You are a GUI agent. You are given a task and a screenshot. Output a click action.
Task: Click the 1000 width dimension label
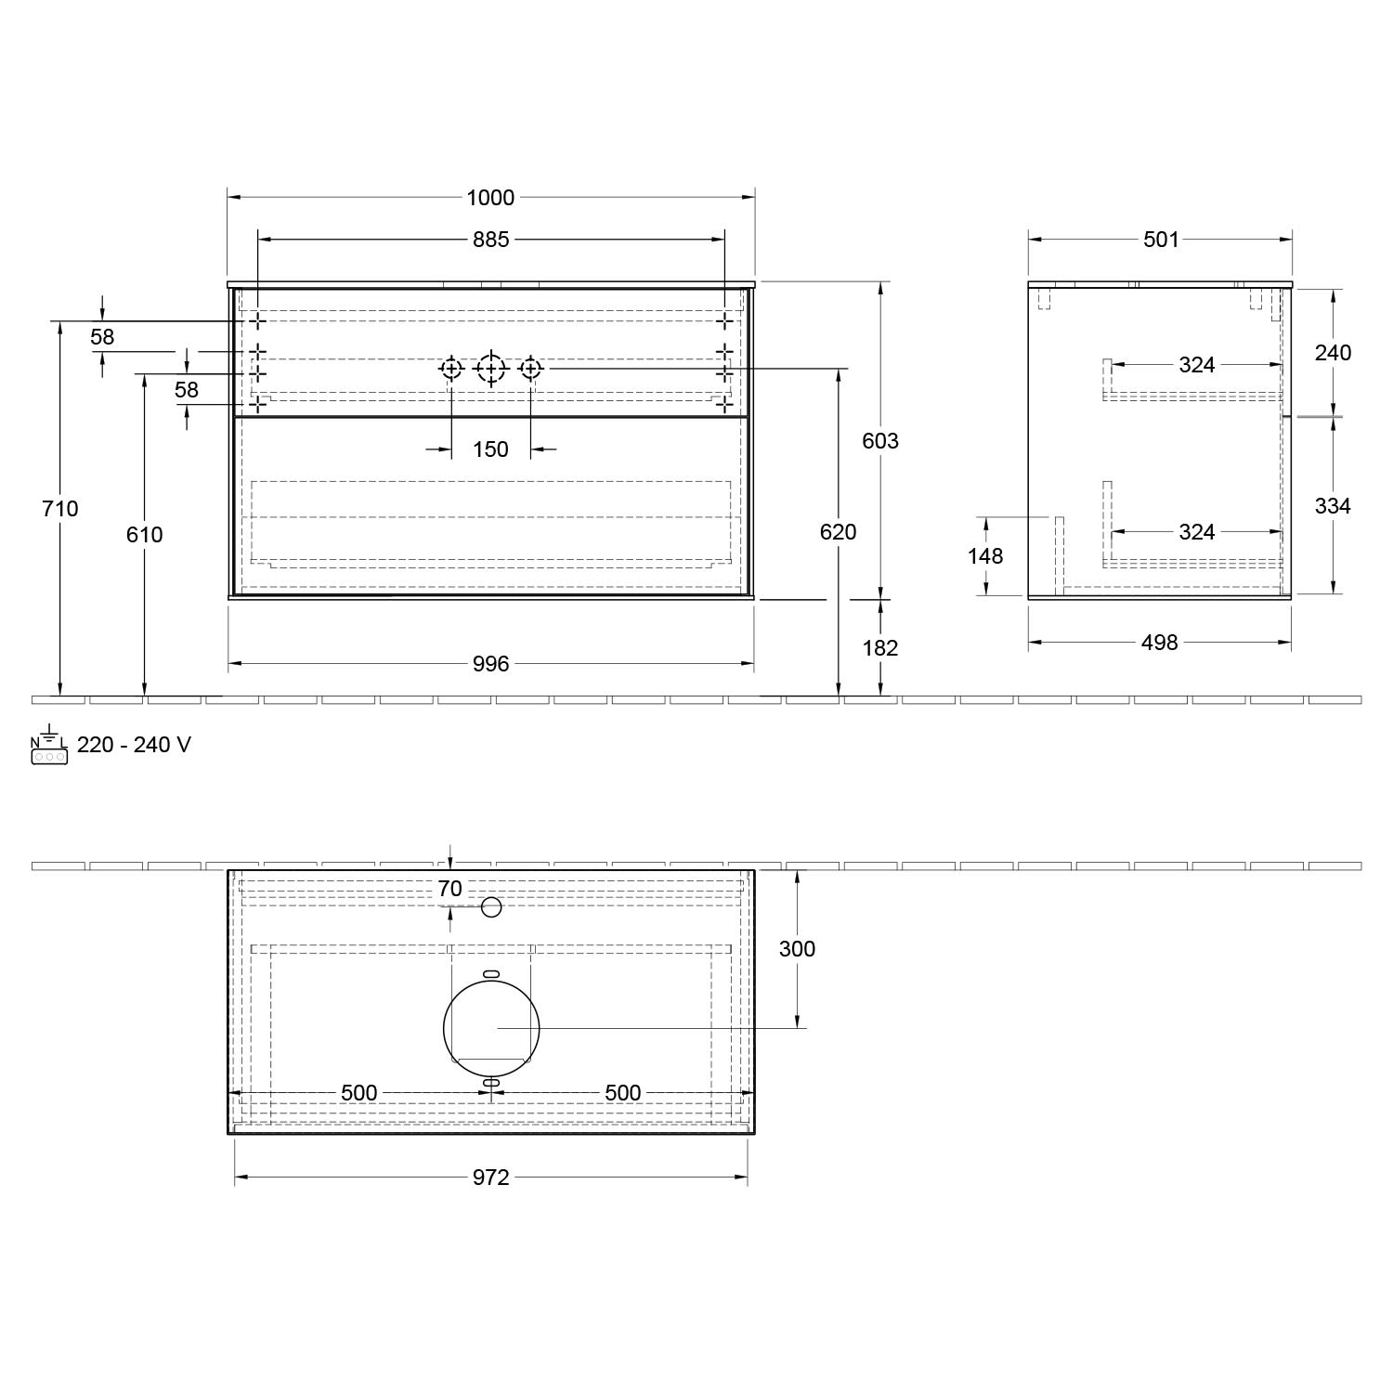490,197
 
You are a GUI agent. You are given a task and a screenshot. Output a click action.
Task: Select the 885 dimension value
490,240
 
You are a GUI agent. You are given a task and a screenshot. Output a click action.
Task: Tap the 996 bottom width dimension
490,663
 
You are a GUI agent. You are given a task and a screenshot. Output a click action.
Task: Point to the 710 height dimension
60,508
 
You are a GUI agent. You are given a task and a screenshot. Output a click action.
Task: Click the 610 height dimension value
144,534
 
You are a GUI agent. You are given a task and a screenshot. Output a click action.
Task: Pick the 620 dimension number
838,531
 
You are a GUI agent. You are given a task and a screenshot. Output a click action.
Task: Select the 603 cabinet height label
880,440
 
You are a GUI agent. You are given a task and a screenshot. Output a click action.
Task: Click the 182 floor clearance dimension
880,647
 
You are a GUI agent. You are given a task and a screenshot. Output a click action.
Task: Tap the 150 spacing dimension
490,449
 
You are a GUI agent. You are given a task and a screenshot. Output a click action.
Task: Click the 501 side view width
1161,240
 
